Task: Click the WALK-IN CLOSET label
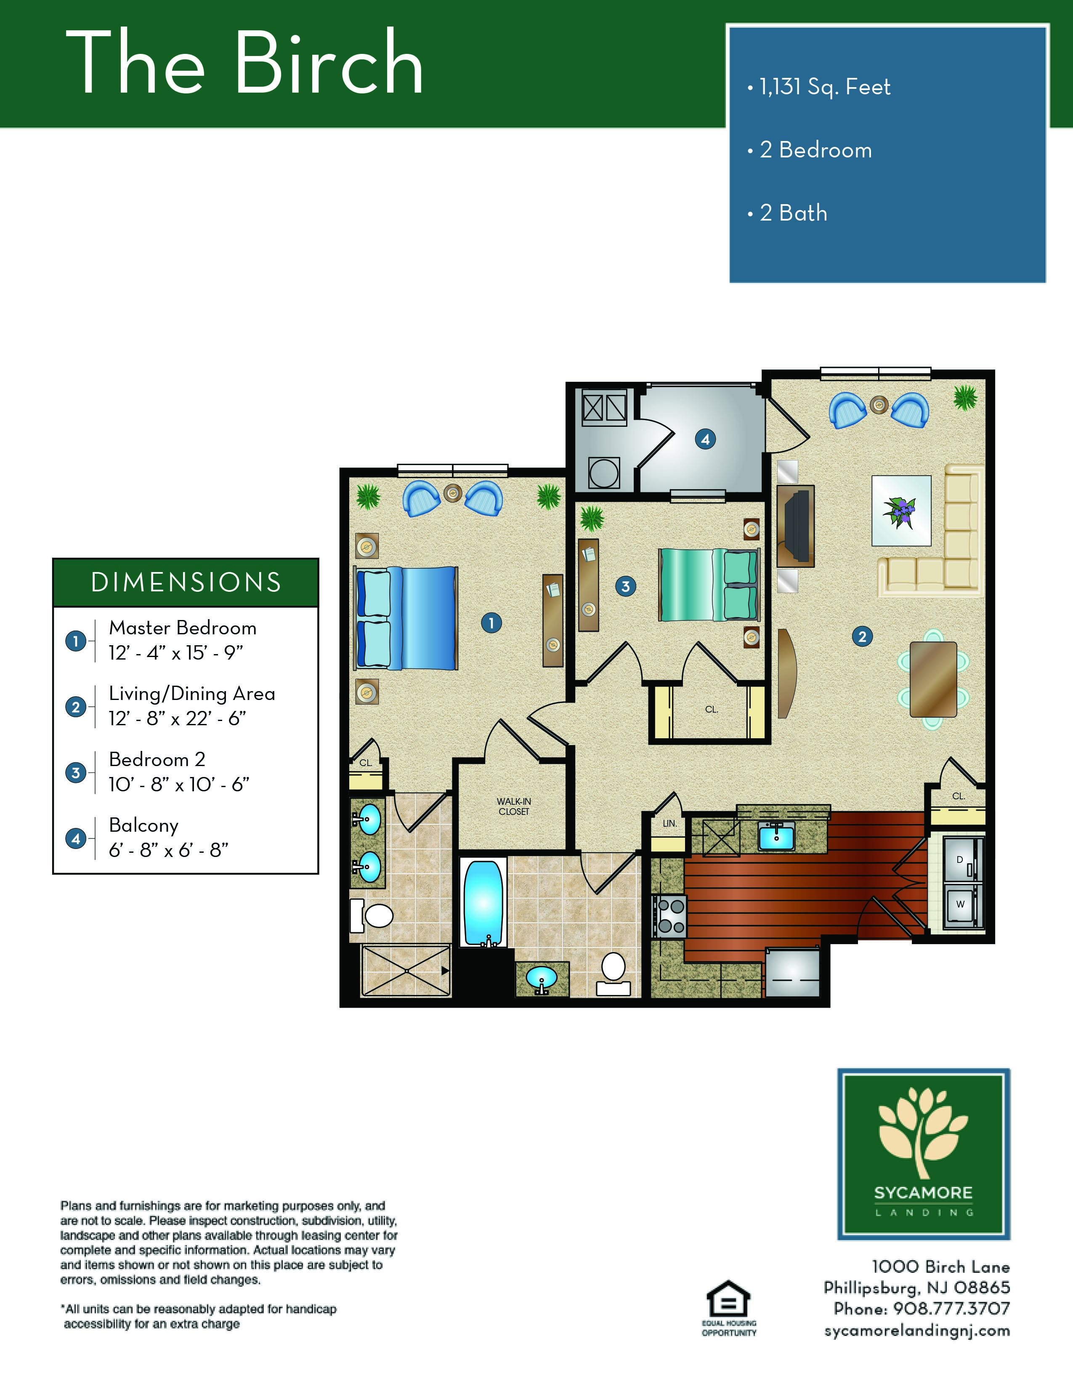(x=514, y=806)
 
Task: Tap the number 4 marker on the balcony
(x=705, y=439)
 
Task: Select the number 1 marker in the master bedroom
(x=491, y=623)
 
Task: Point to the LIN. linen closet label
(x=670, y=823)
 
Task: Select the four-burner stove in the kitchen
(x=669, y=916)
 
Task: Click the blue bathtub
(x=483, y=904)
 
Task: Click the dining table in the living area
(x=933, y=679)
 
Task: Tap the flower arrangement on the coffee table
(x=900, y=511)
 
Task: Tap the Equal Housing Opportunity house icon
(x=728, y=1300)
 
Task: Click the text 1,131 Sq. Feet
(x=825, y=87)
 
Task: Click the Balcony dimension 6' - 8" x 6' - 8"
(x=168, y=850)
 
